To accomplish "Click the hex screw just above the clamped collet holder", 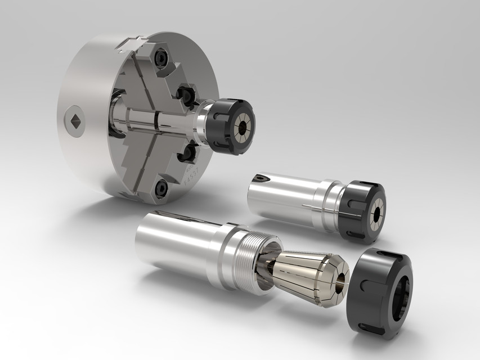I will [x=185, y=92].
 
